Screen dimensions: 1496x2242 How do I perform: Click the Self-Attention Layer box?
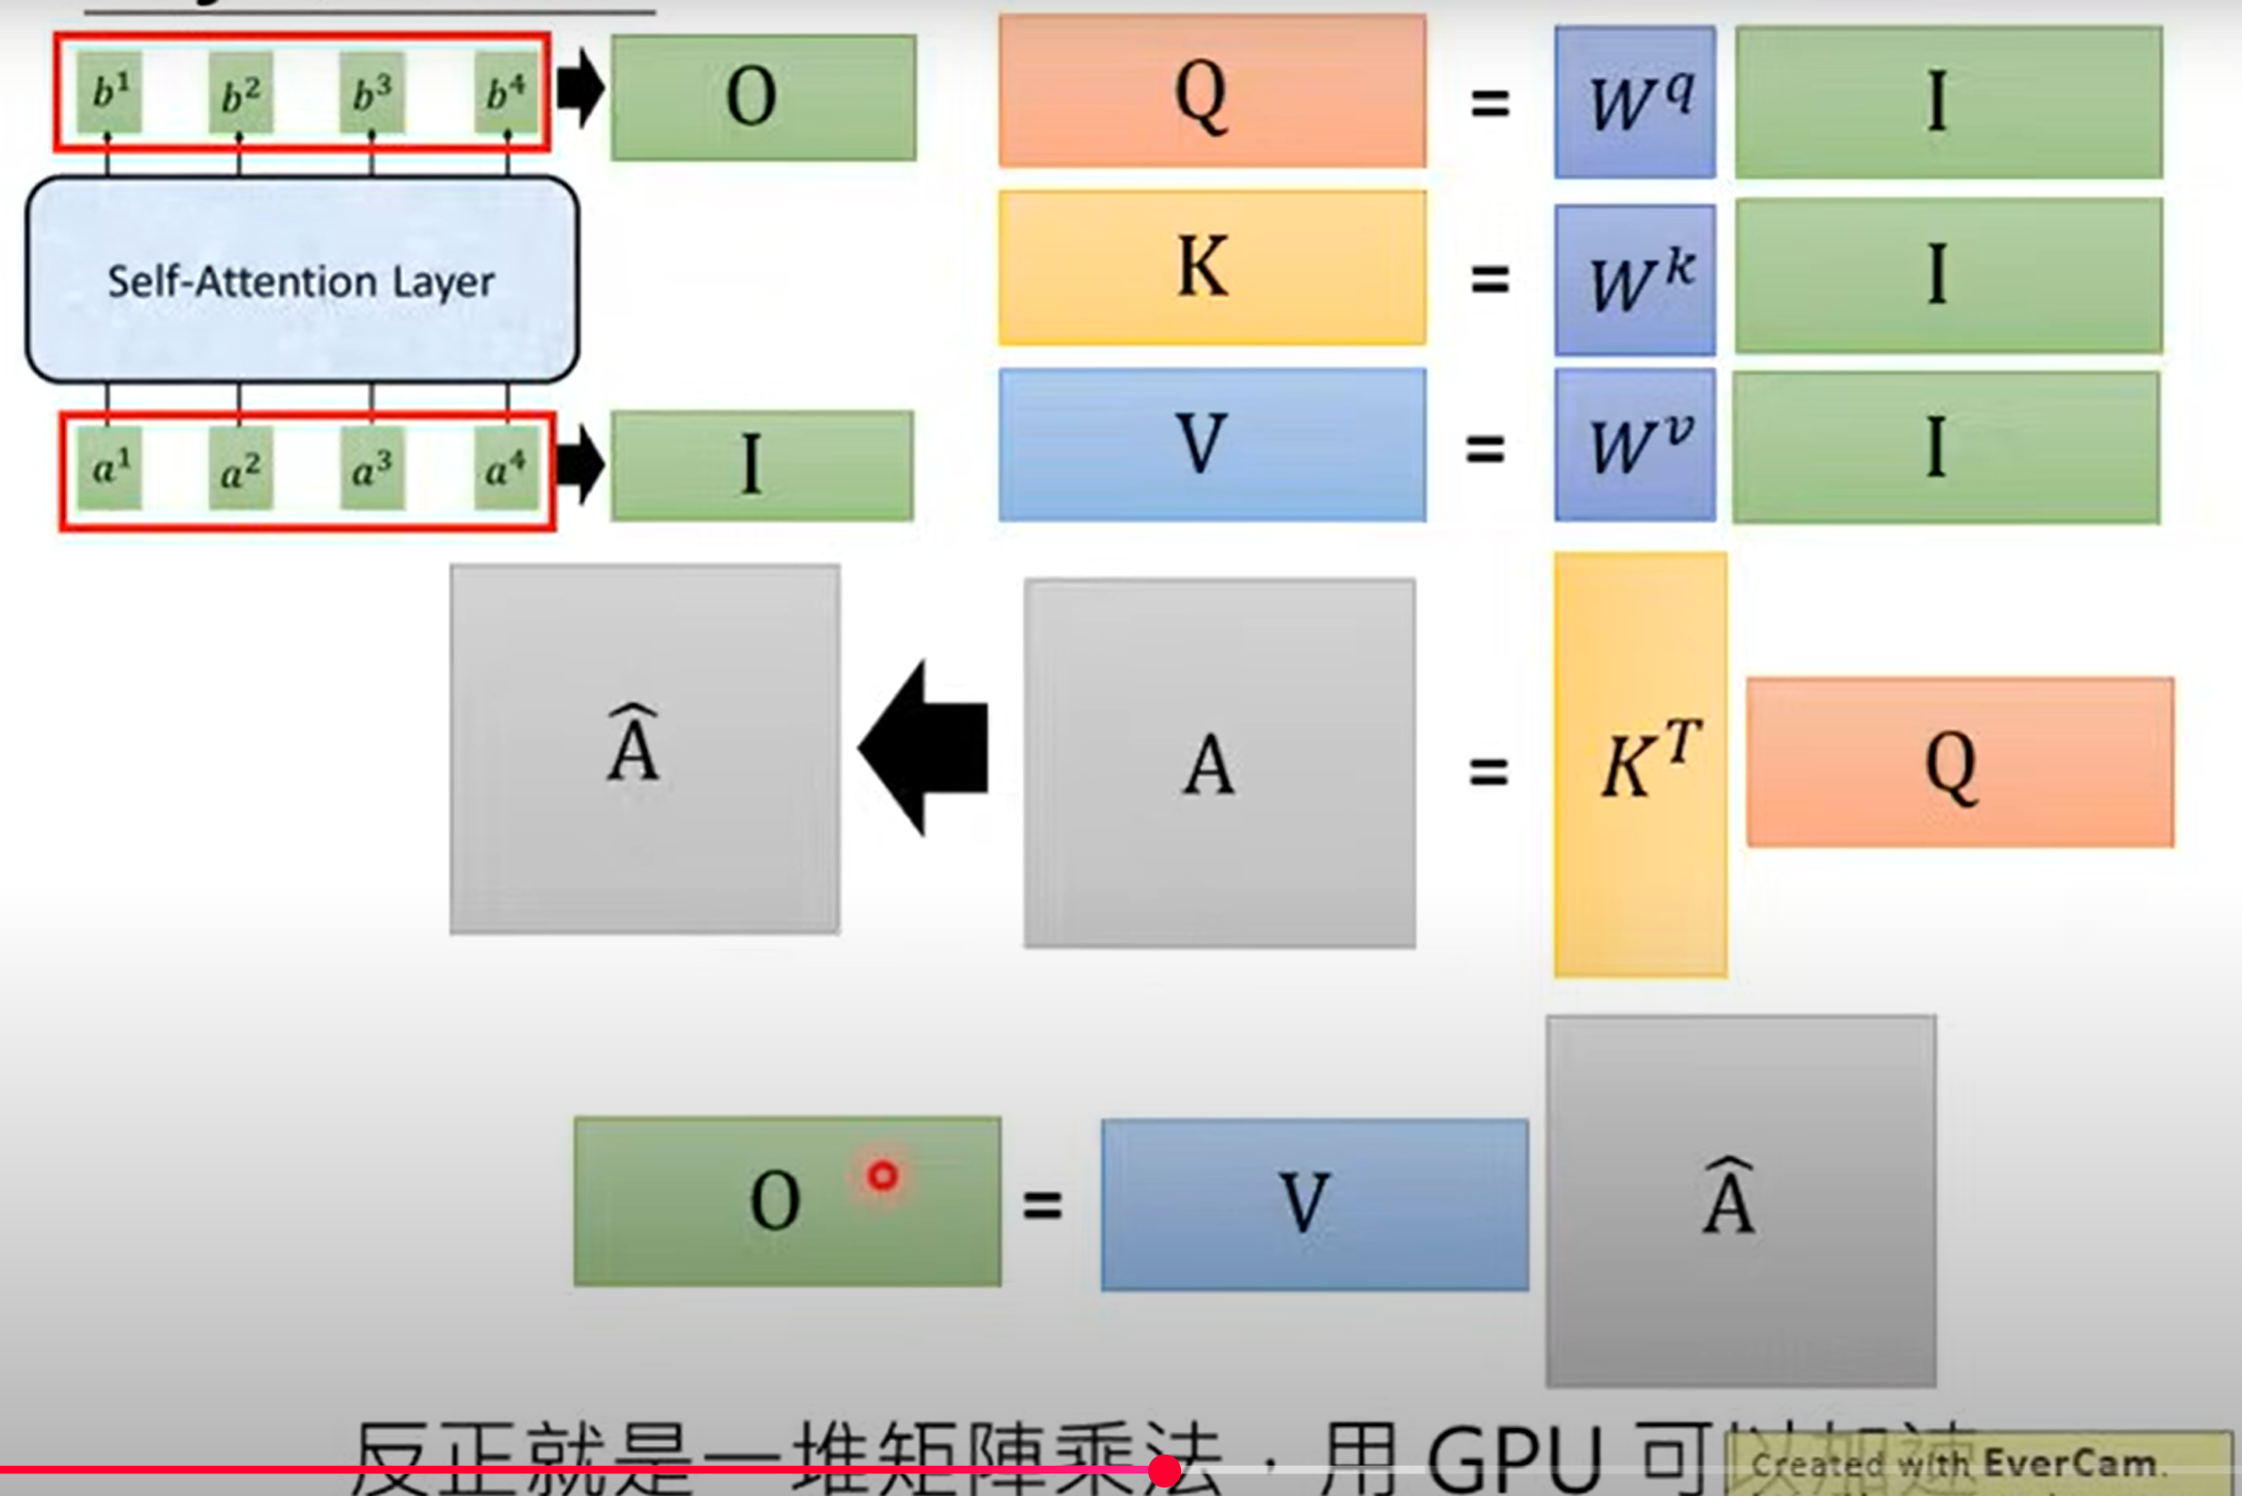click(301, 279)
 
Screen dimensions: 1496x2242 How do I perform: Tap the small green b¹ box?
click(110, 92)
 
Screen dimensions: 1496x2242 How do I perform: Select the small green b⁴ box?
click(506, 92)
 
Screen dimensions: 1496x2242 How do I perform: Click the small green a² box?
click(241, 468)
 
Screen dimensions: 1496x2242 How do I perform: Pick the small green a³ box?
click(372, 468)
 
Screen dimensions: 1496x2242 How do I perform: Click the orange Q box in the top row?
click(1212, 92)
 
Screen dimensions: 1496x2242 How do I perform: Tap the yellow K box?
click(1212, 267)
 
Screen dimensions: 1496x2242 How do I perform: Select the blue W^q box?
click(1634, 102)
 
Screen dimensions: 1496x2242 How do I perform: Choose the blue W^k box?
click(1634, 279)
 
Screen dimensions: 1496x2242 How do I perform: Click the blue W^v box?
click(1634, 445)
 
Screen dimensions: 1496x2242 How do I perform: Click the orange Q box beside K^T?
click(1960, 763)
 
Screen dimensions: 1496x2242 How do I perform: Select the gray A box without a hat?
click(1220, 764)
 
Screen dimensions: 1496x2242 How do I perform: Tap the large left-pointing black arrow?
click(923, 747)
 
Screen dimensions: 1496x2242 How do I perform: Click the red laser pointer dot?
click(883, 1175)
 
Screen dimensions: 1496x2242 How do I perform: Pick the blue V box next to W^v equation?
click(1212, 445)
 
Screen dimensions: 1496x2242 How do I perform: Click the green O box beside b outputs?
click(764, 97)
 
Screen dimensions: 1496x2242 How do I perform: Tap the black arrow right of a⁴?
click(580, 465)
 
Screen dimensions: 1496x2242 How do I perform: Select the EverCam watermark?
click(1975, 1463)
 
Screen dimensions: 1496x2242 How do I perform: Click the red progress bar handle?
click(1164, 1471)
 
